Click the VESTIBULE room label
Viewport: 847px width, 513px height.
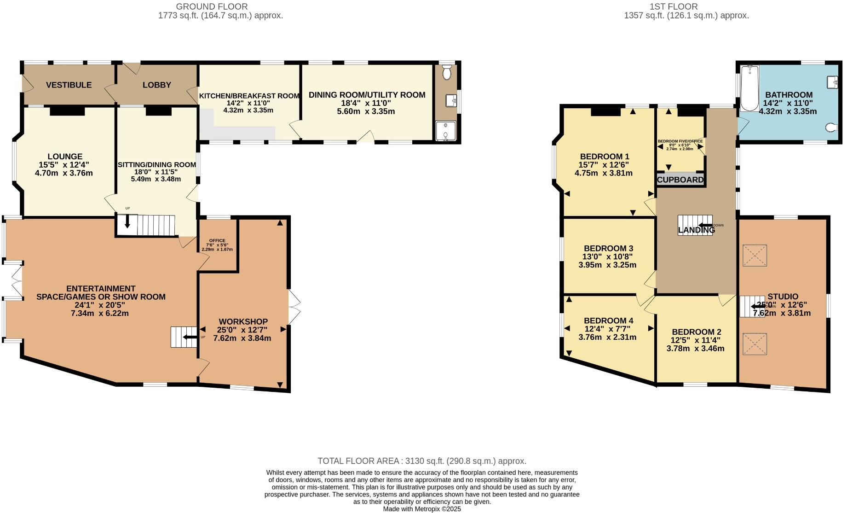click(x=69, y=85)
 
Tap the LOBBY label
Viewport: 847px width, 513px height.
click(x=156, y=85)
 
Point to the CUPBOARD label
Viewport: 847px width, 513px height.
click(x=680, y=180)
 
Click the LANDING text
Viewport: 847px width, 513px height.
click(x=696, y=230)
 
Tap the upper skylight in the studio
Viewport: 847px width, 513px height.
click(x=755, y=255)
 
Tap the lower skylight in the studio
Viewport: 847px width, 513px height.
click(x=755, y=344)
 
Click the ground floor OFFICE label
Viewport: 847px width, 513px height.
click(x=217, y=240)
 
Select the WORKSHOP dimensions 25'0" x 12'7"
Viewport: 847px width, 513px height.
click(x=242, y=330)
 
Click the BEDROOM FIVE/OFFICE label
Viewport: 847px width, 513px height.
click(x=680, y=141)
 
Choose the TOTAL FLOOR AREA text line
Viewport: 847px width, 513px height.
click(x=421, y=461)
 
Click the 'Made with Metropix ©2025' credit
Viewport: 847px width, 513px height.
click(x=421, y=509)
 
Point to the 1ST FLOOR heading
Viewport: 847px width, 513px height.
click(x=673, y=6)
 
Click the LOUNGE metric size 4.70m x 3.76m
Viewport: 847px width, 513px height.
click(x=64, y=173)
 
